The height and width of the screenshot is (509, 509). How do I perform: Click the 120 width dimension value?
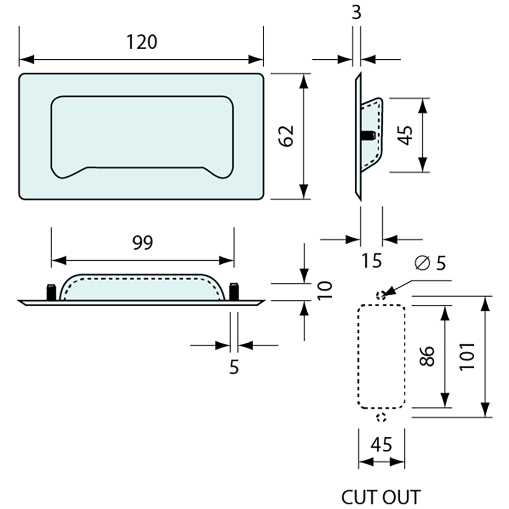tap(142, 42)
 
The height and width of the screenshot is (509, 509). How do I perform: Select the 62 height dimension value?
tap(287, 136)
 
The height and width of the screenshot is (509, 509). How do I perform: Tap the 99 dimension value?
tap(142, 242)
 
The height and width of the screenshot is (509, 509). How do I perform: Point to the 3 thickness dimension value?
tap(356, 12)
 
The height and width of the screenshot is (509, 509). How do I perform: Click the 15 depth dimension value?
tap(372, 261)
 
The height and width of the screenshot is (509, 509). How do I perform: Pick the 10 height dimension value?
tap(326, 290)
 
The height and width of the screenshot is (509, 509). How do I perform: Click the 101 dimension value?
tap(468, 356)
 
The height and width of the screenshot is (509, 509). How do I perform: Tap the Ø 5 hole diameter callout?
tap(431, 263)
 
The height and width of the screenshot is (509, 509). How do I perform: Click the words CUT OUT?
tap(381, 497)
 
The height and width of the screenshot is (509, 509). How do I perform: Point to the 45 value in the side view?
tap(406, 135)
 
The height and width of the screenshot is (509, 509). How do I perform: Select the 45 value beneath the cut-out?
tap(381, 445)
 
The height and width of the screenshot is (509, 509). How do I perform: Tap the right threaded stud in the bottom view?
tap(234, 292)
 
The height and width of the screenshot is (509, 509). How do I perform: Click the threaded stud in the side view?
tap(367, 136)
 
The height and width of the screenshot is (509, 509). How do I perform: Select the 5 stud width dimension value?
tap(234, 368)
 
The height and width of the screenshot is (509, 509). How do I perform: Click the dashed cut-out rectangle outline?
tap(359, 356)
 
